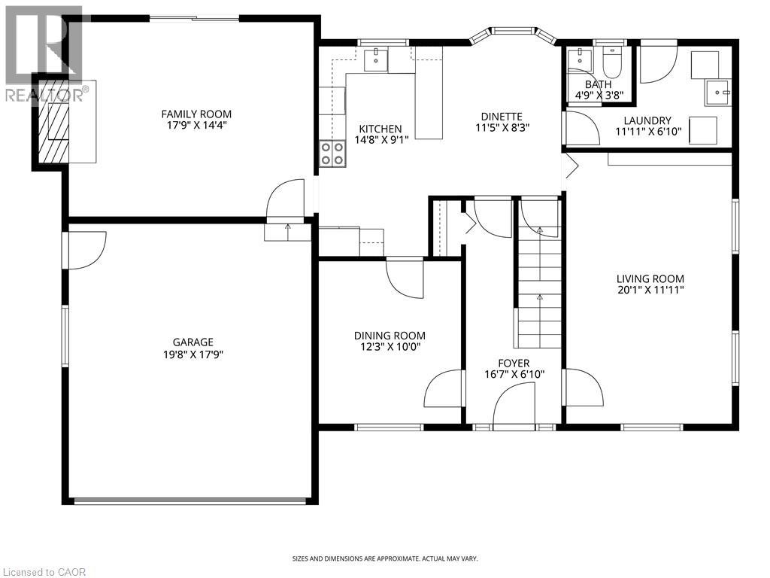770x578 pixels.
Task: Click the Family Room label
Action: pyautogui.click(x=196, y=114)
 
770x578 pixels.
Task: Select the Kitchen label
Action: pyautogui.click(x=380, y=129)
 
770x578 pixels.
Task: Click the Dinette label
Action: pyautogui.click(x=502, y=116)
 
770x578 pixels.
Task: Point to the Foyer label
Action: pyautogui.click(x=513, y=363)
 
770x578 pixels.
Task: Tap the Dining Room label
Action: pyautogui.click(x=390, y=336)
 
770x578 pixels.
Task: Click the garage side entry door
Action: pyautogui.click(x=84, y=249)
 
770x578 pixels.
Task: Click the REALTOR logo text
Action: pyautogui.click(x=45, y=95)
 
